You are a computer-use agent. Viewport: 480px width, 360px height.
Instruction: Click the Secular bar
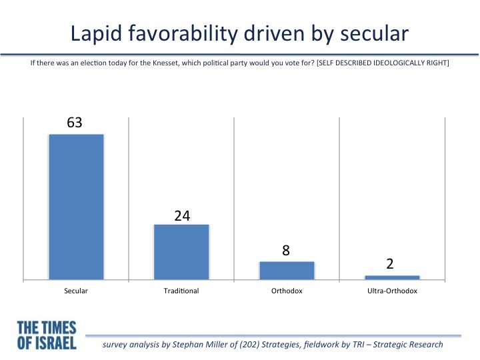pyautogui.click(x=76, y=207)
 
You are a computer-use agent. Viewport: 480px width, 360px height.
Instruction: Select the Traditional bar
pyautogui.click(x=181, y=252)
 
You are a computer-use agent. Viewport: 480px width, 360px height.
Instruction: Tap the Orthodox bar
pyautogui.click(x=287, y=271)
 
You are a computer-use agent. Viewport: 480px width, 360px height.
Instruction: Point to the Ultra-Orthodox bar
pyautogui.click(x=392, y=277)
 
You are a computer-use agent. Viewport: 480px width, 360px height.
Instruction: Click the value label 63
pyautogui.click(x=75, y=123)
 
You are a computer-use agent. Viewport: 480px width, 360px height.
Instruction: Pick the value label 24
pyautogui.click(x=182, y=216)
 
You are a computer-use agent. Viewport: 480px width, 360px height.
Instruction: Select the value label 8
pyautogui.click(x=286, y=251)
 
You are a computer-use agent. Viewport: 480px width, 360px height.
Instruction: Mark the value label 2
pyautogui.click(x=390, y=264)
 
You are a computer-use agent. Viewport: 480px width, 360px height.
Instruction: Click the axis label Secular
pyautogui.click(x=76, y=291)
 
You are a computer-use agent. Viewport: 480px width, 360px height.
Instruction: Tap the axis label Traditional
pyautogui.click(x=181, y=291)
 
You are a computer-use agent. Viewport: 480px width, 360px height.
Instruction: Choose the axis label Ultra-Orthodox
pyautogui.click(x=392, y=291)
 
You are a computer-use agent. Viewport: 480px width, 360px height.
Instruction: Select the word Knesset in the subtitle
pyautogui.click(x=165, y=63)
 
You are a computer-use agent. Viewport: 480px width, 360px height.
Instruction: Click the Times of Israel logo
pyautogui.click(x=47, y=335)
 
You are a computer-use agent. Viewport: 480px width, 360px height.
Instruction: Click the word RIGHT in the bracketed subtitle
pyautogui.click(x=438, y=63)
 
